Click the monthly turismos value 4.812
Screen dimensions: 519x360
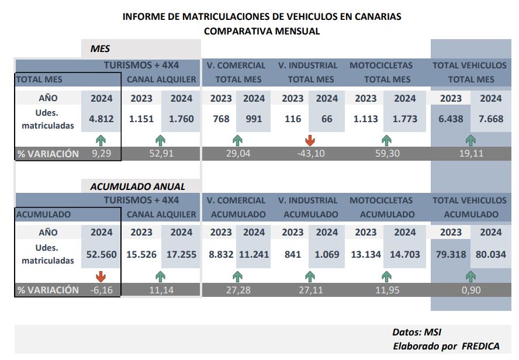[x=101, y=119]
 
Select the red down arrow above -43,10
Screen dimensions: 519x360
[x=310, y=140]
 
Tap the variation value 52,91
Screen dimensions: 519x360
[x=161, y=154]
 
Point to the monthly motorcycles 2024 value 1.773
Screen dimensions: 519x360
[x=405, y=119]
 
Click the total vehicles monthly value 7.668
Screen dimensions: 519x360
[x=491, y=119]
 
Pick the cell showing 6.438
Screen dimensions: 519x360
[x=451, y=119]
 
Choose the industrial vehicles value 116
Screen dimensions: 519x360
[x=293, y=119]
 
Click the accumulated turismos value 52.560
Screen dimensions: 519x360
[x=101, y=254]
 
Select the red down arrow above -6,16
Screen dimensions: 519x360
[x=101, y=276]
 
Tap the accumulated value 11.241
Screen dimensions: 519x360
[x=254, y=254]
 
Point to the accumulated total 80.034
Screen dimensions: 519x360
[x=491, y=254]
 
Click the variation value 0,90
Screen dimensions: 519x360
[x=471, y=290]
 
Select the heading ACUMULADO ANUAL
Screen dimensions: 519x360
[x=138, y=186]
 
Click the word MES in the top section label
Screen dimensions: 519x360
[x=100, y=49]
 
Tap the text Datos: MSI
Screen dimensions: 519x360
[x=417, y=332]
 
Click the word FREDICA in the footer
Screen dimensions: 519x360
[x=480, y=346]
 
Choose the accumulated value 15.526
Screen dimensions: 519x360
[x=141, y=254]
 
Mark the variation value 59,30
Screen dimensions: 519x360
[x=387, y=154]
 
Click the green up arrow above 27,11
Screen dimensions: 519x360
[x=310, y=276]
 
